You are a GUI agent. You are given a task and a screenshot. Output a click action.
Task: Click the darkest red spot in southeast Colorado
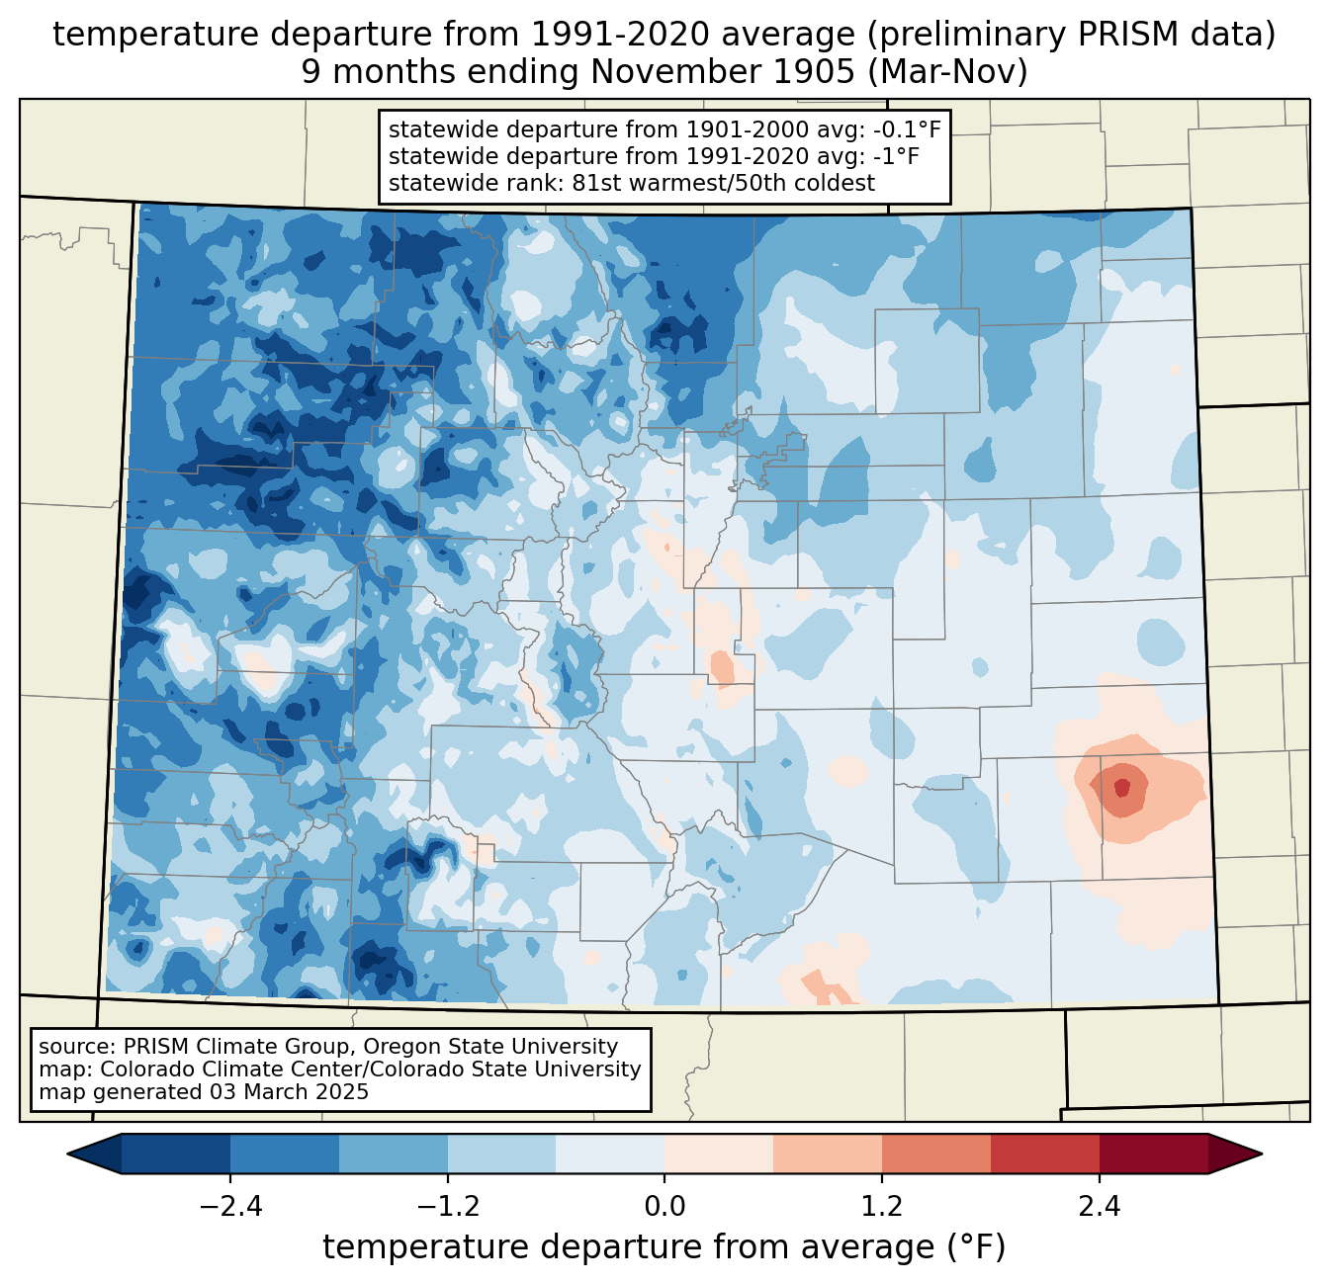pyautogui.click(x=1121, y=788)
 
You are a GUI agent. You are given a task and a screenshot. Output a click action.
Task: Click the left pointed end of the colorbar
pyautogui.click(x=67, y=1154)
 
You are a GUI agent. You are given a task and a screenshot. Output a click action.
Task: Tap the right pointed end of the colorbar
pyautogui.click(x=1262, y=1154)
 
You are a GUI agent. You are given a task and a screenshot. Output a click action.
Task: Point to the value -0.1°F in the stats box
pyautogui.click(x=903, y=129)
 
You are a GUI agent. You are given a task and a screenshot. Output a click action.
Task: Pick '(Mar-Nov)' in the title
pyautogui.click(x=947, y=71)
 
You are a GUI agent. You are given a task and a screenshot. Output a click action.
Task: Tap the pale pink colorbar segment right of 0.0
pyautogui.click(x=719, y=1154)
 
